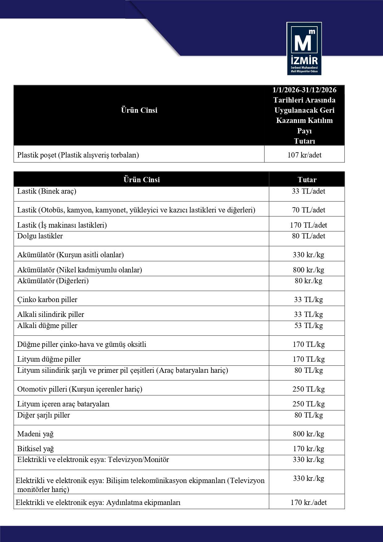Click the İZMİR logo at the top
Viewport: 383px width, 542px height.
click(x=304, y=48)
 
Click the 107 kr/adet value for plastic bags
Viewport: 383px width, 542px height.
click(x=304, y=155)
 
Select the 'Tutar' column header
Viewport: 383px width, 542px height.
click(x=307, y=180)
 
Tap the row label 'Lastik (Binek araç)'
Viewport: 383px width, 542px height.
click(x=47, y=191)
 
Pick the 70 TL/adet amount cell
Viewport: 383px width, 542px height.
click(x=308, y=210)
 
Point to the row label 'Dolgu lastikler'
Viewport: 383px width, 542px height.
click(x=40, y=236)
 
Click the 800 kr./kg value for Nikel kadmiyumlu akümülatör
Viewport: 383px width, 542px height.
click(x=308, y=270)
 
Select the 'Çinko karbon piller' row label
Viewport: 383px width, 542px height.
click(x=47, y=300)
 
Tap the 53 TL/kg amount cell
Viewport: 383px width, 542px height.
click(x=308, y=326)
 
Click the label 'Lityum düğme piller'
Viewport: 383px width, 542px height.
click(x=49, y=359)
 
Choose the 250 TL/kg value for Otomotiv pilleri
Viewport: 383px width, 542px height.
click(x=308, y=389)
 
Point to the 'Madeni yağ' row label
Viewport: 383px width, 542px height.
click(x=35, y=434)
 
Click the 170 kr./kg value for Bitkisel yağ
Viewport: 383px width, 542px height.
click(x=308, y=449)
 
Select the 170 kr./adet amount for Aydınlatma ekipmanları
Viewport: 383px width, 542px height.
click(x=308, y=502)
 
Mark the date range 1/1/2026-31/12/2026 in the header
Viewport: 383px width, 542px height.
click(x=304, y=90)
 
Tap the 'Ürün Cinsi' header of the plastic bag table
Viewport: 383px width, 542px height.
click(x=139, y=110)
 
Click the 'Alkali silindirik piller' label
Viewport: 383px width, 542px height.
click(x=51, y=314)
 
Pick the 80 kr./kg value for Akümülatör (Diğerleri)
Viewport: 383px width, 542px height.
click(x=308, y=281)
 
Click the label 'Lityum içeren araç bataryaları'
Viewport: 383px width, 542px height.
click(x=63, y=404)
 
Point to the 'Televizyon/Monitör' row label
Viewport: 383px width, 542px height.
click(x=93, y=460)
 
